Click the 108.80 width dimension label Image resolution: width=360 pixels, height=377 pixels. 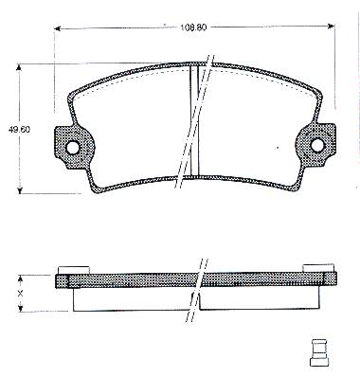(x=193, y=27)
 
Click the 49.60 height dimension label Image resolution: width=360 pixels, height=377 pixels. (x=19, y=130)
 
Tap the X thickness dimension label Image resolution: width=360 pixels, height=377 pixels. (x=20, y=294)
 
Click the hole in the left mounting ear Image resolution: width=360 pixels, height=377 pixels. (x=73, y=147)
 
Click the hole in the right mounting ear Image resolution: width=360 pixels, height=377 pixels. (x=317, y=145)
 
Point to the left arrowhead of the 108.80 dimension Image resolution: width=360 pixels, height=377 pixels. (x=57, y=29)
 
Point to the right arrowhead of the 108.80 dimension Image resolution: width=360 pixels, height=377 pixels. (x=332, y=26)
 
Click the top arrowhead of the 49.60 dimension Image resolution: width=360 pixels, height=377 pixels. (x=19, y=67)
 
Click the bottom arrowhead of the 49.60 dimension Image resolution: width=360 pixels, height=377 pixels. (x=20, y=190)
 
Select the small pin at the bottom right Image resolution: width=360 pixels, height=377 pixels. (x=319, y=352)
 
